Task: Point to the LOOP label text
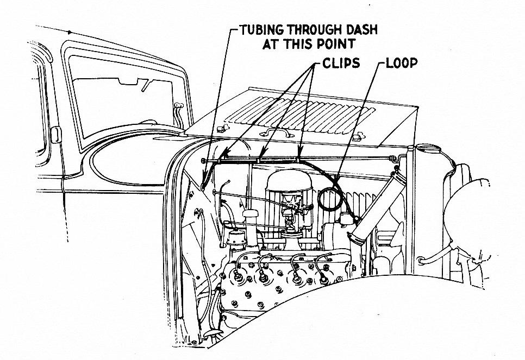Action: (x=402, y=64)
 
